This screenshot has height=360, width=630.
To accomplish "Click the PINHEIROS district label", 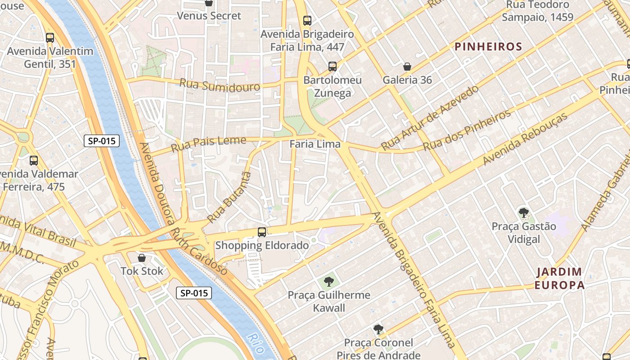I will click(x=488, y=46).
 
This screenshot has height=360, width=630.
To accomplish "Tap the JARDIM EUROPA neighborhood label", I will click(x=560, y=278).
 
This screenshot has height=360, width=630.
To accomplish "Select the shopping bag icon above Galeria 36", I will click(x=407, y=67).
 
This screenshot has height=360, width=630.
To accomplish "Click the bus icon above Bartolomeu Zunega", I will click(x=333, y=67).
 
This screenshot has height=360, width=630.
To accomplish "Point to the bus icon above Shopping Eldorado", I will click(x=262, y=232).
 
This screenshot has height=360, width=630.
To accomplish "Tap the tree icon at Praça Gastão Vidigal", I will click(x=523, y=212).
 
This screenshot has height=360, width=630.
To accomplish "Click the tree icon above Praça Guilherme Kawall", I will click(x=329, y=282).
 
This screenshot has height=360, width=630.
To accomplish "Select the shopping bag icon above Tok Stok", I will click(x=142, y=258).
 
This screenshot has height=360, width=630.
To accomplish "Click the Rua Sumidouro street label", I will click(x=220, y=85).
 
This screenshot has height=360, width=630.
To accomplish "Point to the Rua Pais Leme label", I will click(x=208, y=144).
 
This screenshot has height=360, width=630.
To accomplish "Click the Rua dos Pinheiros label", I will click(x=467, y=130).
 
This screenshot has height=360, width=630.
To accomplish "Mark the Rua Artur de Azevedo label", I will click(x=429, y=118).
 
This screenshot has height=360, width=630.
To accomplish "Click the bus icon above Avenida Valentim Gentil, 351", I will click(x=50, y=38).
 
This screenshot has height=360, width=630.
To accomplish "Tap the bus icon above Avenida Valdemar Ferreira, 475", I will click(x=34, y=161).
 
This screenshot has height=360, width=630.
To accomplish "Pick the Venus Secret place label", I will click(x=209, y=16).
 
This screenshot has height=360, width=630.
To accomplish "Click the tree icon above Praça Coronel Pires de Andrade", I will click(x=378, y=329).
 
